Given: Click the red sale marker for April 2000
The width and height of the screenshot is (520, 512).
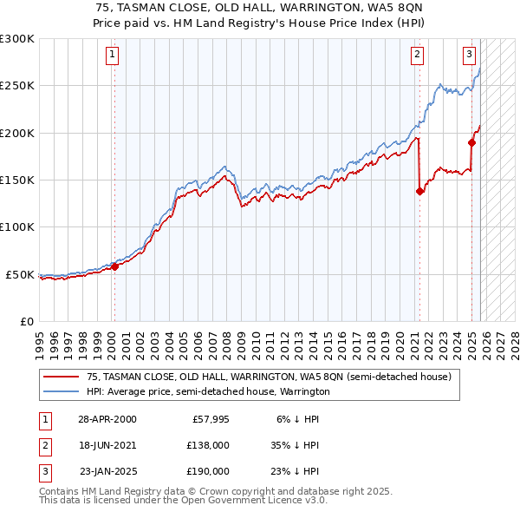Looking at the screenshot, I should pyautogui.click(x=114, y=266).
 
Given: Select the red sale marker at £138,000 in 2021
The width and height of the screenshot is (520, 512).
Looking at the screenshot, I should pyautogui.click(x=419, y=191).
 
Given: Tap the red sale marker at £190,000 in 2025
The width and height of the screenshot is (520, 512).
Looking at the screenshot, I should pyautogui.click(x=472, y=142).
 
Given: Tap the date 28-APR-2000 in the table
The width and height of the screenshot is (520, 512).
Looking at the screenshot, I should pyautogui.click(x=107, y=419).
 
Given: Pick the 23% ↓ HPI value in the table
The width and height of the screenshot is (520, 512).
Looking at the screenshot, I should pyautogui.click(x=294, y=471).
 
